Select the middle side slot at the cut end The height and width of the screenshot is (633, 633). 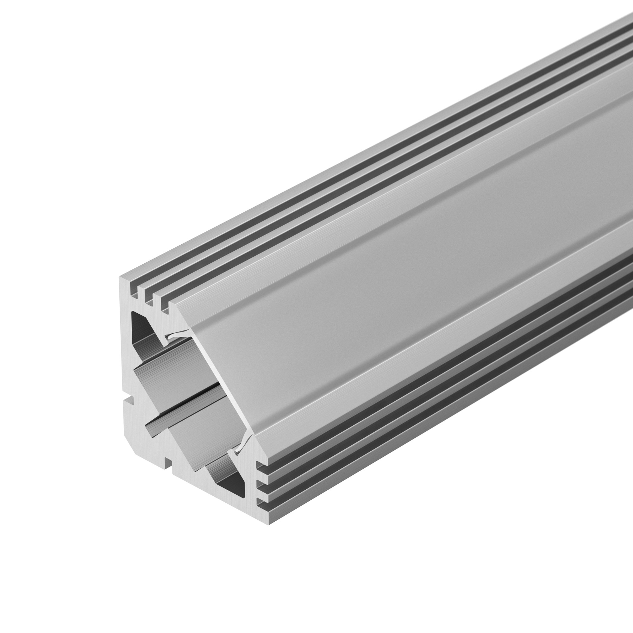261,484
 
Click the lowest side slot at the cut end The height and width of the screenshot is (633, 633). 261,501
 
